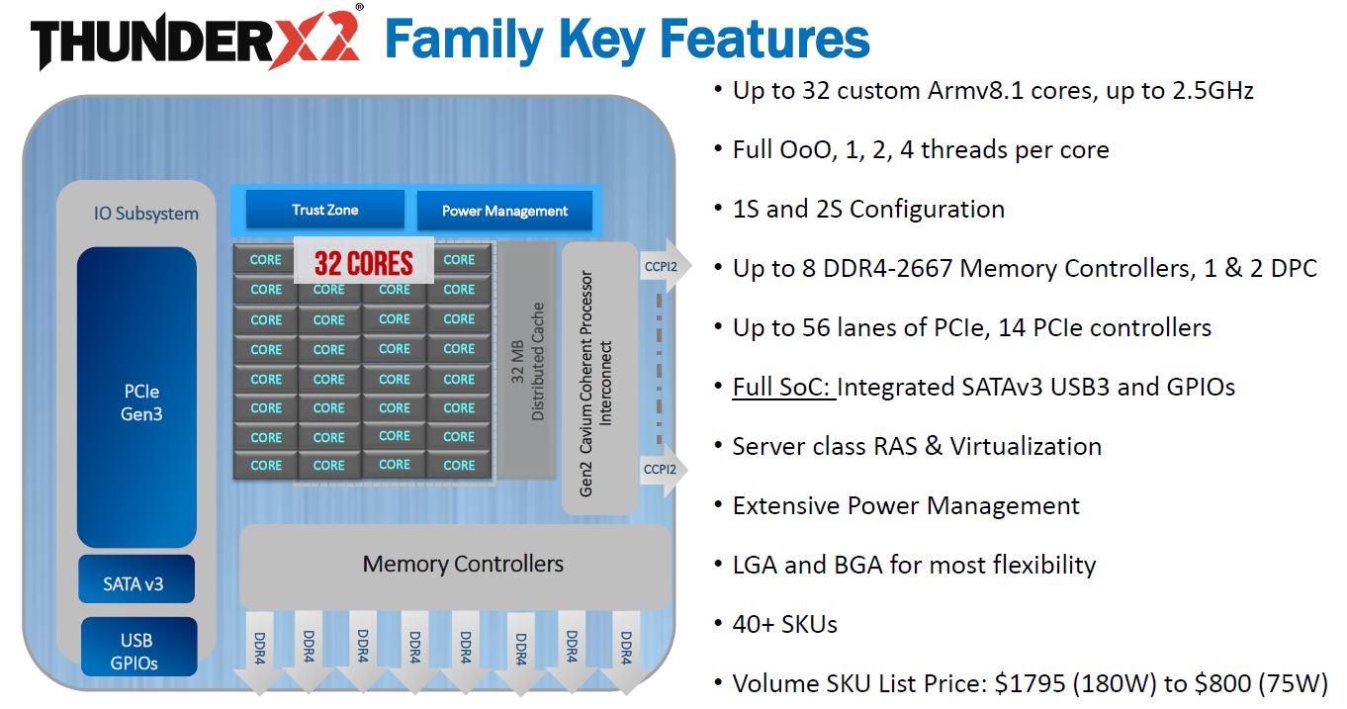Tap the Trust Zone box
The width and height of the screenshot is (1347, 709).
[x=324, y=210]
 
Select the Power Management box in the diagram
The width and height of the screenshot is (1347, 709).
[x=504, y=211]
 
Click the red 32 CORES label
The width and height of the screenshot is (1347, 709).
[x=364, y=263]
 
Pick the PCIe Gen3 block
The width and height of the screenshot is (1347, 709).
[x=136, y=400]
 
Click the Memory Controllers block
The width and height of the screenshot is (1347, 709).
[x=462, y=565]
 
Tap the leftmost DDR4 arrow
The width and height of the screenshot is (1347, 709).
[x=257, y=650]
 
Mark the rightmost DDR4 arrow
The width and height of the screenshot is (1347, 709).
[x=626, y=650]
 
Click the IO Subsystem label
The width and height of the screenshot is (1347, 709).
[x=145, y=214]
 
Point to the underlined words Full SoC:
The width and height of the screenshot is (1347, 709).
[x=782, y=387]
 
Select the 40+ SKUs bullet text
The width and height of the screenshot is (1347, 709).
[x=785, y=624]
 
